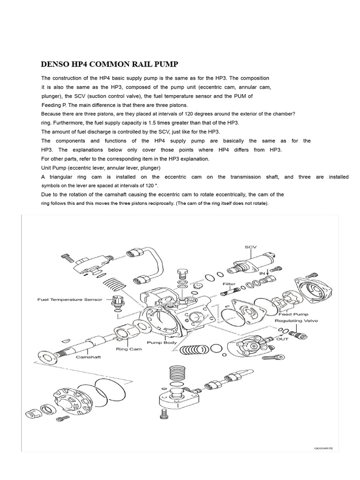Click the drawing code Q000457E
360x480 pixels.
(323, 449)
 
